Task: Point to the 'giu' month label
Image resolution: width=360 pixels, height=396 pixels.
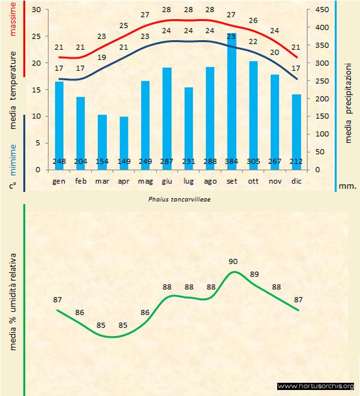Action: pyautogui.click(x=167, y=181)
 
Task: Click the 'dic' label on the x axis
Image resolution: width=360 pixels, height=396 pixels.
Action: pyautogui.click(x=296, y=181)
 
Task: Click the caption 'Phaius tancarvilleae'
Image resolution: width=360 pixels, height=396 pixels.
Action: pyautogui.click(x=178, y=197)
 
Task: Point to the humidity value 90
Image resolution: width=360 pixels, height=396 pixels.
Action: pyautogui.click(x=233, y=261)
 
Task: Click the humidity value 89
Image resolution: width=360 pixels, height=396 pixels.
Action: pyautogui.click(x=254, y=274)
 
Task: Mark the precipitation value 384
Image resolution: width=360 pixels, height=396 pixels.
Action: pyautogui.click(x=232, y=161)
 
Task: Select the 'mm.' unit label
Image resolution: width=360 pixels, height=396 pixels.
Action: pyautogui.click(x=347, y=186)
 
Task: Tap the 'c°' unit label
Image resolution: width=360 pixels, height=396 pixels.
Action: pyautogui.click(x=13, y=186)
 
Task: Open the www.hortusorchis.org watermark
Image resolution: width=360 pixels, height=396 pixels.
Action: pyautogui.click(x=316, y=386)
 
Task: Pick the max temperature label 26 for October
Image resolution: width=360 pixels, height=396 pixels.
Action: pyautogui.click(x=253, y=21)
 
